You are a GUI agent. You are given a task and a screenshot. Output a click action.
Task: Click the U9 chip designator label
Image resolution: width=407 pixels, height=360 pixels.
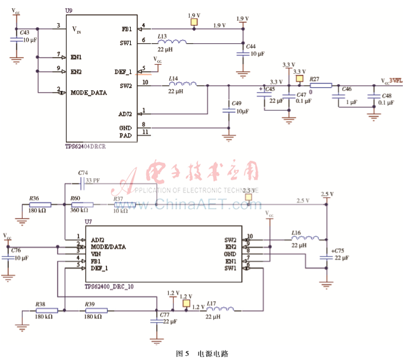pos(68,11)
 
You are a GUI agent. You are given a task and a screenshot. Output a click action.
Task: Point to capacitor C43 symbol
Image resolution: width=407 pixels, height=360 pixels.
pos(15,39)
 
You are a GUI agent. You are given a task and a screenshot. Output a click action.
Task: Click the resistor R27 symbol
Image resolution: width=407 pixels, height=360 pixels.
pos(321,85)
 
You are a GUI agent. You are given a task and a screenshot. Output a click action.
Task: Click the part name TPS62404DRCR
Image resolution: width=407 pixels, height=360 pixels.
pos(86,146)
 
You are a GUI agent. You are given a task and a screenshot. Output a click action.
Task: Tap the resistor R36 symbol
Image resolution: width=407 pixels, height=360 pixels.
pos(40,205)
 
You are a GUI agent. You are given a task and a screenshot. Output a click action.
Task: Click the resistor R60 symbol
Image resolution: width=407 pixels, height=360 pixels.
pos(81,205)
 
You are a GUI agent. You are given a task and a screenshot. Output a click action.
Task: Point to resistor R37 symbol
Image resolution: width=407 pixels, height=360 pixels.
pos(124,205)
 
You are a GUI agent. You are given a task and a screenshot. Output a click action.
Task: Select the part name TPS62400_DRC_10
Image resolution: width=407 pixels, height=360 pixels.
pos(109,286)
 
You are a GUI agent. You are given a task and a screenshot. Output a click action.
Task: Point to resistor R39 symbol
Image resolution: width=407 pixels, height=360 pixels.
pos(96,310)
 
